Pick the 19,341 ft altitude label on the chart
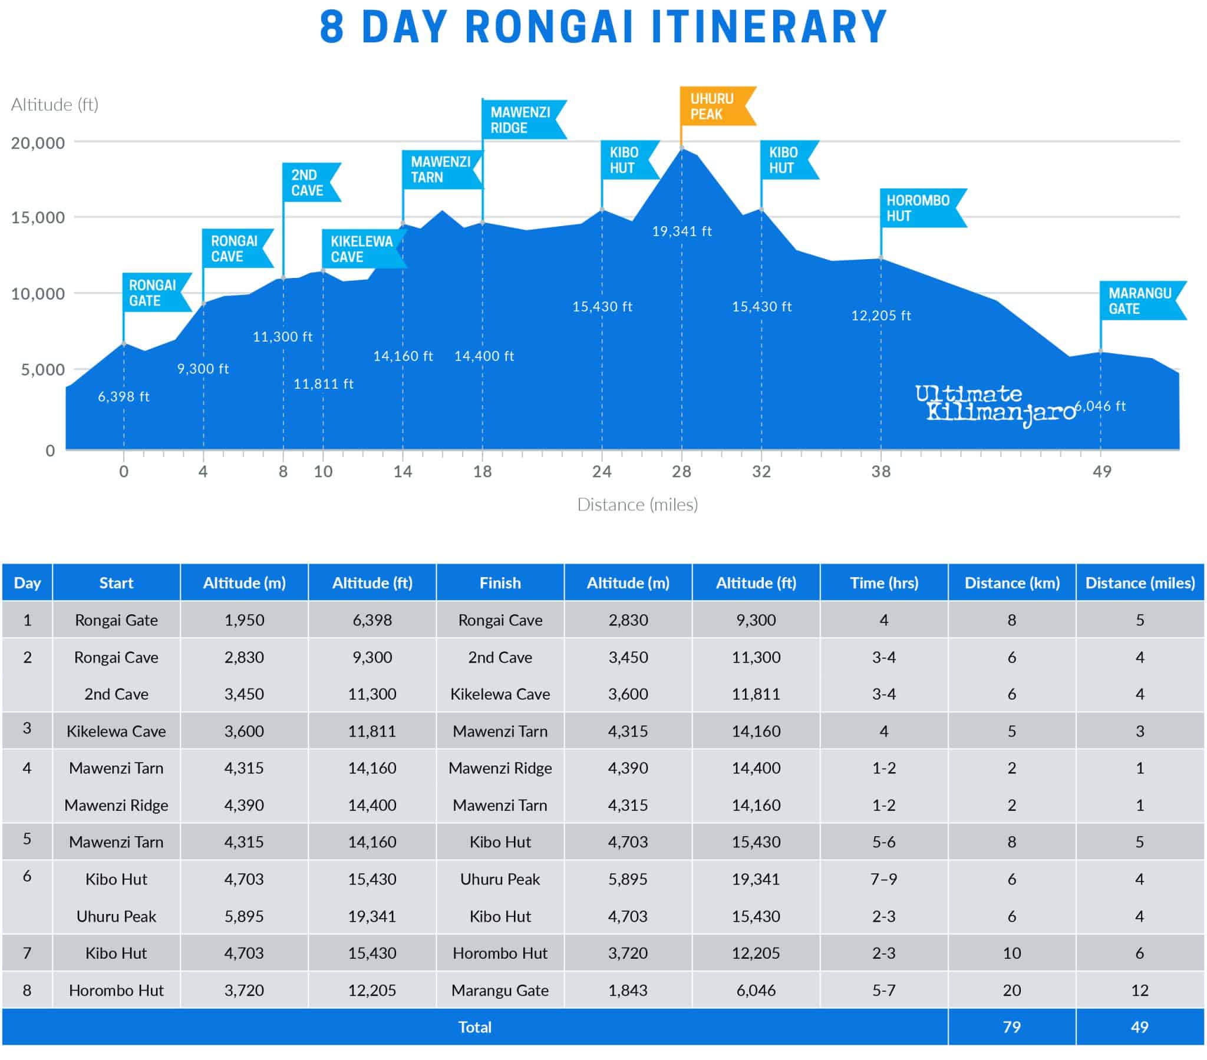coord(681,231)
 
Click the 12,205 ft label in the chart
coord(880,316)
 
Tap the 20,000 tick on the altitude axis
coord(38,143)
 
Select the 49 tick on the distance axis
coord(1102,472)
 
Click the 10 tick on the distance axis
coord(323,472)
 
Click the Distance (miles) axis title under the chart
coord(637,505)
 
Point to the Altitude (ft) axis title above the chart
coord(54,104)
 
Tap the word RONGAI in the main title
coord(549,27)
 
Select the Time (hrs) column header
coord(884,583)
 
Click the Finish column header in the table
coord(500,583)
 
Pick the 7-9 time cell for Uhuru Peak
coord(884,879)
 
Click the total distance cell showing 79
coord(1011,1028)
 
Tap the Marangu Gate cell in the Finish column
coord(500,991)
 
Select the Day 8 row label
coord(27,991)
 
